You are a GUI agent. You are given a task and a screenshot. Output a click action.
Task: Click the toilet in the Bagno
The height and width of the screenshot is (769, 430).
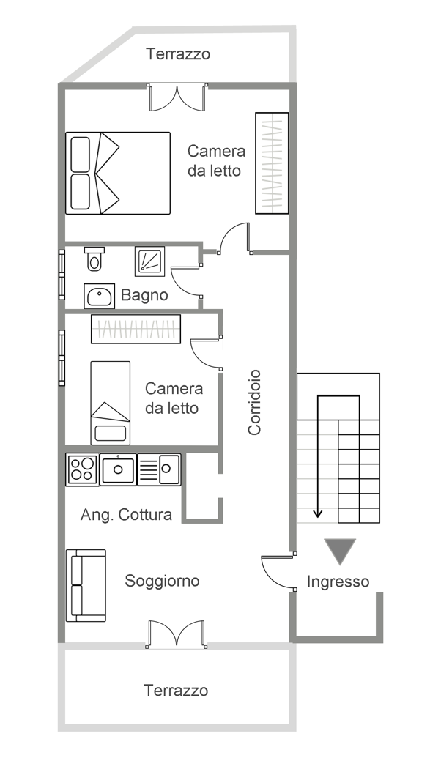pos(94,259)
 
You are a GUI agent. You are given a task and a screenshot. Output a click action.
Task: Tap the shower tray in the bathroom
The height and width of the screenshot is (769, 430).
pos(149,261)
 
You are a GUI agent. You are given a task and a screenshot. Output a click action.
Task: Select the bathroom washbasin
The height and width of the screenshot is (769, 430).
pos(99,296)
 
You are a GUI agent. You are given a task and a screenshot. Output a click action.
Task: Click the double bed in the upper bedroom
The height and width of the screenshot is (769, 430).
pos(118,173)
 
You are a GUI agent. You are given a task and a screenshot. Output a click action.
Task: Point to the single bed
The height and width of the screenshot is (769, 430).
pos(111,403)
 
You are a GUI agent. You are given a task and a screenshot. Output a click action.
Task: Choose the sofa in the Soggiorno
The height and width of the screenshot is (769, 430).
pos(86,586)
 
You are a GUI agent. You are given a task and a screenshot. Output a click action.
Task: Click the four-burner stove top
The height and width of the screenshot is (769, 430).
pos(82,469)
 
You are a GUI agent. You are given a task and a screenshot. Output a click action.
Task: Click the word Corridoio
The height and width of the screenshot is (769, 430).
pos(254,402)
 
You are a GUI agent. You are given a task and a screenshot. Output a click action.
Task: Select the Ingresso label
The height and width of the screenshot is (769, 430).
pos(338,582)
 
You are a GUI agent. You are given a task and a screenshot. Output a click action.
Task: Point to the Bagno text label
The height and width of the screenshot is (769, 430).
pos(144,295)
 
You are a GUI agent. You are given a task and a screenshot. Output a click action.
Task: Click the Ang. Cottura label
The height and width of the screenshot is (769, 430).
pos(126,514)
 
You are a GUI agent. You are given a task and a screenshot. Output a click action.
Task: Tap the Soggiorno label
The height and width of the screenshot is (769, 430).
pos(162,582)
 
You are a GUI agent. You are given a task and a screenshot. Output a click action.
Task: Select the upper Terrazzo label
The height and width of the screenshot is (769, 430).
pos(178,53)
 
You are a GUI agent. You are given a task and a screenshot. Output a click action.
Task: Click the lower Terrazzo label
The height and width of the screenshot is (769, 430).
pos(176,691)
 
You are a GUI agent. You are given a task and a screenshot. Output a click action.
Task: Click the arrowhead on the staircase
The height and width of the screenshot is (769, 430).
pos(318,513)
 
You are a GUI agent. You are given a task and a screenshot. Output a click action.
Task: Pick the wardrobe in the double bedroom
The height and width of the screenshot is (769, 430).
pos(272,163)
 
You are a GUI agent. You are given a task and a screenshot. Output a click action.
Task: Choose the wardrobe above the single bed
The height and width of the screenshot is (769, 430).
pos(136,329)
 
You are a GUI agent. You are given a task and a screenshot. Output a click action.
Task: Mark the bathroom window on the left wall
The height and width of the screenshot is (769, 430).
pos(62,275)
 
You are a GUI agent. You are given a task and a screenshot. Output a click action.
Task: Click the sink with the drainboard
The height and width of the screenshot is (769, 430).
pos(160,469)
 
